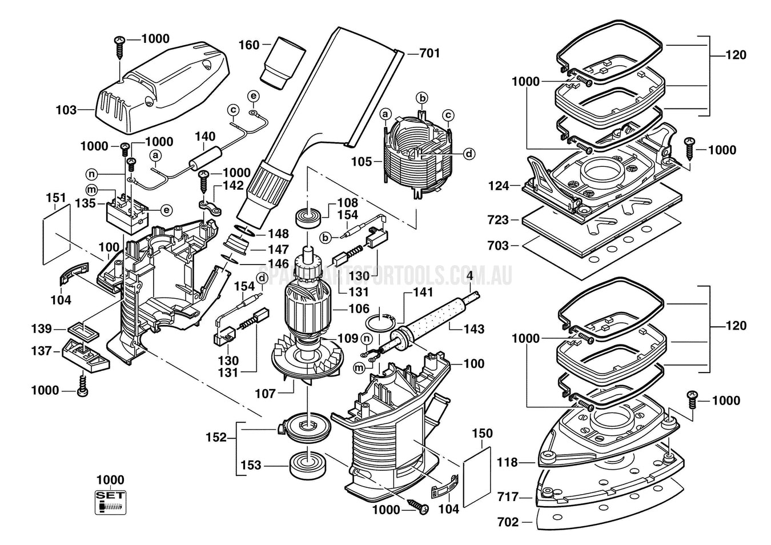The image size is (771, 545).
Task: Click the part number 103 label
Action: tap(66, 109)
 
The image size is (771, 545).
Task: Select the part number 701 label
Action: tap(429, 53)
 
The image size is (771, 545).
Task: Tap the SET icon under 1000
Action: tap(110, 502)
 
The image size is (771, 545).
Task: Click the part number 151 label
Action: tap(56, 198)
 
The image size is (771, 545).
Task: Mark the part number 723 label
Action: tap(498, 220)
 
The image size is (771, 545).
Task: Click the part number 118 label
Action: tap(507, 462)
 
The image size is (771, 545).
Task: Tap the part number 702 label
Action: tap(508, 522)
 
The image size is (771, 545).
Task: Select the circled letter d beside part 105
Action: tap(468, 154)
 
